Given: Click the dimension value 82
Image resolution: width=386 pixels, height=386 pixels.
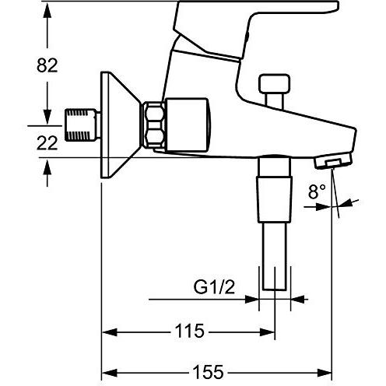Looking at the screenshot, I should [48, 66].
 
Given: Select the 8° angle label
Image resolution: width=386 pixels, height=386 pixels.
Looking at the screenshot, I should [318, 189].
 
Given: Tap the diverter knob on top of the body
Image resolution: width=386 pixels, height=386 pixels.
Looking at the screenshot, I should [272, 89].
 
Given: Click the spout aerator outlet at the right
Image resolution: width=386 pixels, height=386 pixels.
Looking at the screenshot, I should [330, 162].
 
